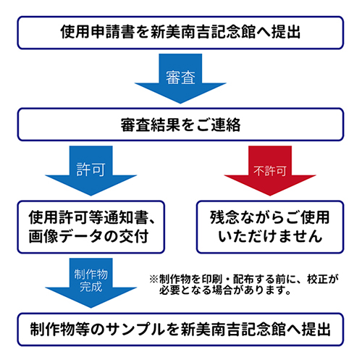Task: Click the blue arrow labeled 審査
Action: (180, 78)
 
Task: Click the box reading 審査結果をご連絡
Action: (180, 125)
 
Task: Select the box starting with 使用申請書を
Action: (180, 33)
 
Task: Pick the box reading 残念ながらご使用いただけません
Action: (270, 227)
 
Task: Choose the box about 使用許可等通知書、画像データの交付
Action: (91, 227)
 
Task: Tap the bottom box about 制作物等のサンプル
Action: (180, 330)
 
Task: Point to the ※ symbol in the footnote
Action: (154, 280)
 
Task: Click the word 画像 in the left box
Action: (43, 236)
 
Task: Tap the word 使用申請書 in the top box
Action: (98, 32)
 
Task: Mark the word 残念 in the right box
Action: (225, 217)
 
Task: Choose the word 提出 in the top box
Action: (286, 32)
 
